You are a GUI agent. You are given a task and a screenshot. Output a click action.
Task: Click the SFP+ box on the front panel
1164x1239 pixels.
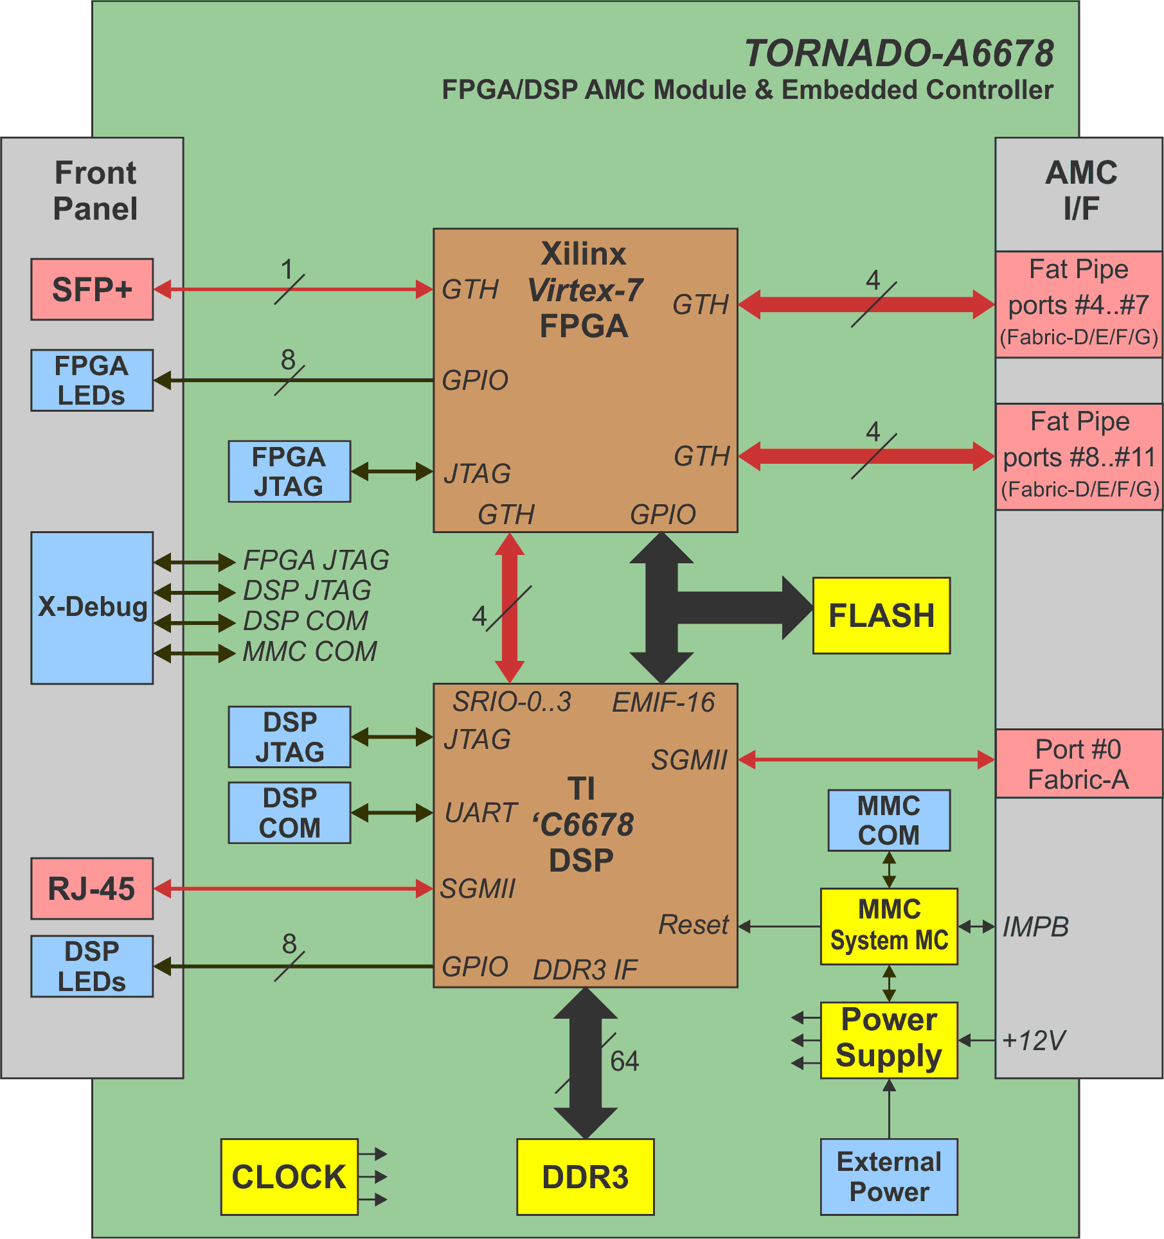point(92,290)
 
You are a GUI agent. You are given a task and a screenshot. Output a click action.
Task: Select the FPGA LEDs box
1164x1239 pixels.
point(92,380)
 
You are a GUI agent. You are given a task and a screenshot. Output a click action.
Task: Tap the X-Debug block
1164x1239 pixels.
point(92,608)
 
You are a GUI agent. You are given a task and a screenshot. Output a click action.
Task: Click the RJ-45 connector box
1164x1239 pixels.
point(92,889)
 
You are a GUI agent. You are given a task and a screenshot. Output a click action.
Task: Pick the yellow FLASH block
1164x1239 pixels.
point(881,615)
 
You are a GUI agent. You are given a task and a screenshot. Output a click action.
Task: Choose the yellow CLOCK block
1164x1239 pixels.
point(289,1177)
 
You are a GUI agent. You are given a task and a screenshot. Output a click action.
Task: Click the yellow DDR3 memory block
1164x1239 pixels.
point(585,1177)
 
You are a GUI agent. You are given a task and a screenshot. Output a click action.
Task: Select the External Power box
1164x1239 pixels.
point(889,1177)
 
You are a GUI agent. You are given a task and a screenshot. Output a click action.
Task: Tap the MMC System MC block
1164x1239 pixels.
point(889,926)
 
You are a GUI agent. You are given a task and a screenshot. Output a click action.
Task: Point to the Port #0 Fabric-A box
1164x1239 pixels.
point(1079,764)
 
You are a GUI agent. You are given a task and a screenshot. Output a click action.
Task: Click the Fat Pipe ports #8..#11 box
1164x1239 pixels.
point(1079,457)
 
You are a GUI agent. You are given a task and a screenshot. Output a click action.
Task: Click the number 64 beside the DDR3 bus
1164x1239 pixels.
point(624,1061)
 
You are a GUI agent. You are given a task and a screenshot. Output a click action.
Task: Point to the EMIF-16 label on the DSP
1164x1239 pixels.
point(663,703)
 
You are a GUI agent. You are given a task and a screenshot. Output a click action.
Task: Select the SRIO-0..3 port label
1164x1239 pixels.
point(512,702)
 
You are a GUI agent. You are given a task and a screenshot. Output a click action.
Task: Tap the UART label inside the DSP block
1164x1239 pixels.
point(481,813)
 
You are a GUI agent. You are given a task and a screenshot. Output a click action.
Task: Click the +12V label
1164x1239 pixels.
point(1034,1041)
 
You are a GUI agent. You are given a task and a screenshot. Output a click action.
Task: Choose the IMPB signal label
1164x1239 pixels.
point(1035,927)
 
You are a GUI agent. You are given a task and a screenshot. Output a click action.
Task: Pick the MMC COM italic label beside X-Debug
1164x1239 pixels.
point(310,652)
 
